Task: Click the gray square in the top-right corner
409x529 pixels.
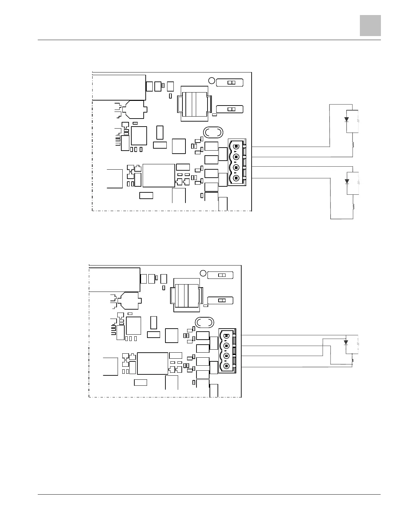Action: pos(370,25)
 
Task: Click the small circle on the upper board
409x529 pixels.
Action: pos(212,80)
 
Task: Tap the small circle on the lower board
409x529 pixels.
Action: pos(203,273)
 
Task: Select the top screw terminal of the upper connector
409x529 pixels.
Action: pos(236,146)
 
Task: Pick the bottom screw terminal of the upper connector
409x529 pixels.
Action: pos(236,178)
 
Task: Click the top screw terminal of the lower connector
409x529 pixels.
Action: pos(227,335)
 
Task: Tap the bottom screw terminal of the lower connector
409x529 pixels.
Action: pos(227,366)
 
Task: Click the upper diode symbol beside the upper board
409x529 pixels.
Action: pos(347,119)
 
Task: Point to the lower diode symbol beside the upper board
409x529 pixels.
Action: pos(347,182)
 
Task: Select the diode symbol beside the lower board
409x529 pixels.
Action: pos(346,342)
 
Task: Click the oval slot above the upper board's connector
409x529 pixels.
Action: pos(213,132)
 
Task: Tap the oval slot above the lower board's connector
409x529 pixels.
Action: pos(204,323)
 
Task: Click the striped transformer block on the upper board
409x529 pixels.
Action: pos(194,104)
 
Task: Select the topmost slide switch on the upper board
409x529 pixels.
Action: pos(230,82)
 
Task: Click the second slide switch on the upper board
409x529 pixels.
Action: pos(230,109)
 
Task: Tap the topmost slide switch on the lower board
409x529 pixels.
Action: pos(220,275)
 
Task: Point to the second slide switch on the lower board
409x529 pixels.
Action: pos(220,300)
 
